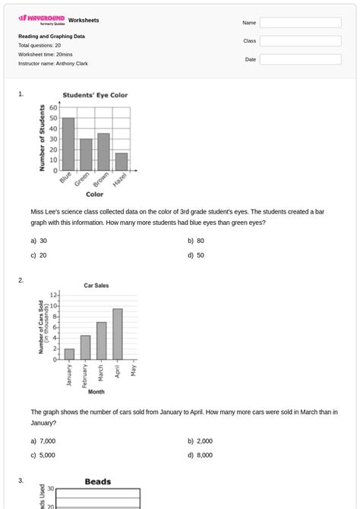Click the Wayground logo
[42, 19]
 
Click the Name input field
[300, 23]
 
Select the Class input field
[300, 41]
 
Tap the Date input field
[300, 59]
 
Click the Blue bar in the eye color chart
[68, 144]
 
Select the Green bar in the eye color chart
[86, 154]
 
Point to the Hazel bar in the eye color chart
[122, 161]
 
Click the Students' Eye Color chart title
[95, 96]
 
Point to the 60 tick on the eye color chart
[53, 108]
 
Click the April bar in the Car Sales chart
[118, 334]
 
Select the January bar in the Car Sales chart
[69, 354]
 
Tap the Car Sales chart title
[96, 286]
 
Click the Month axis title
[96, 392]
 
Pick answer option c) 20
[39, 255]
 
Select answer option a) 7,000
[43, 441]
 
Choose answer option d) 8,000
[201, 455]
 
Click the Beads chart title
[98, 482]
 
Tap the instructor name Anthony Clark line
[53, 64]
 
